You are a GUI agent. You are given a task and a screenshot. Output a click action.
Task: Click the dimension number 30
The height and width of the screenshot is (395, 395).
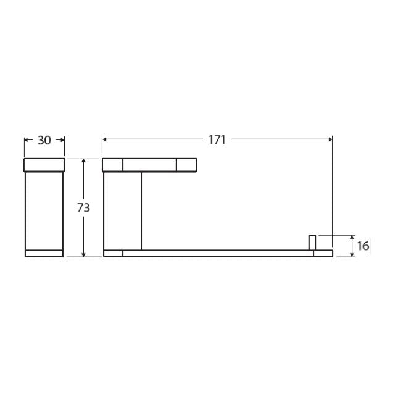tap(44, 140)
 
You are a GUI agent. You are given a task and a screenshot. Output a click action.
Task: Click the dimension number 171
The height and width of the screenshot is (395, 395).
tap(217, 139)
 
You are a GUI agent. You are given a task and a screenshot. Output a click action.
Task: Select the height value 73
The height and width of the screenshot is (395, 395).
tap(83, 208)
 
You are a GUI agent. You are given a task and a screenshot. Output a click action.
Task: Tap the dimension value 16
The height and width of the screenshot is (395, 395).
tap(362, 246)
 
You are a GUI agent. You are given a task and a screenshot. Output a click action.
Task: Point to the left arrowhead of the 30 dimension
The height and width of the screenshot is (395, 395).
tap(27, 140)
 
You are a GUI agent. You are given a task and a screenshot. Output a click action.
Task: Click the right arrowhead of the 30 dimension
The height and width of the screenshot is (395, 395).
tap(62, 140)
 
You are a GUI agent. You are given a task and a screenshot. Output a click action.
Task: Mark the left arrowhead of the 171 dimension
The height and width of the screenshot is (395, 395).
tap(105, 139)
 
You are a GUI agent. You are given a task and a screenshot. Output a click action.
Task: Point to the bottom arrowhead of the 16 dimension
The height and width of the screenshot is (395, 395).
tap(352, 254)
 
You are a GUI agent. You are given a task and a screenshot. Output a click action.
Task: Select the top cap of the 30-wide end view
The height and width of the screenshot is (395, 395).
tap(44, 164)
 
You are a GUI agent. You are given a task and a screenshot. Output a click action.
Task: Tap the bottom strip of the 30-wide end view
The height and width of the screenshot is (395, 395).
tap(44, 253)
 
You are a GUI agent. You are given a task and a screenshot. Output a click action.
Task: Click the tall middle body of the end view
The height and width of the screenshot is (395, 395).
tap(44, 210)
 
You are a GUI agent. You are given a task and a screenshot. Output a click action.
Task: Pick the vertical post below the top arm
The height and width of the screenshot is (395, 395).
tap(122, 210)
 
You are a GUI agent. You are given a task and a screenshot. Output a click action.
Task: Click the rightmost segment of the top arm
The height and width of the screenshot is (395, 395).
tap(186, 165)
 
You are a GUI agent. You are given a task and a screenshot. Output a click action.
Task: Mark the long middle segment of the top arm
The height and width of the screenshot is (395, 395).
tap(149, 165)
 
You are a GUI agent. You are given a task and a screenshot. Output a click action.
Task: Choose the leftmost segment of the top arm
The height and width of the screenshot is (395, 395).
tap(112, 165)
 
